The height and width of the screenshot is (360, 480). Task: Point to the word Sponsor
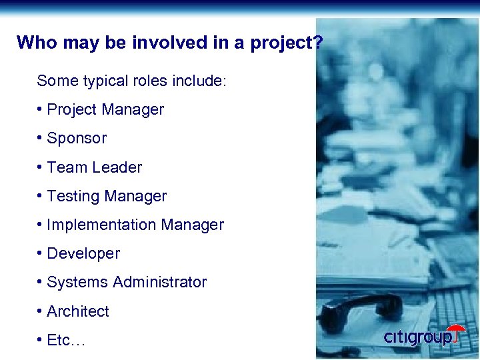[77, 139]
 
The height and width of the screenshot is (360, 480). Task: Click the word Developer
[83, 254]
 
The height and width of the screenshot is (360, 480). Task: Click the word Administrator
[160, 283]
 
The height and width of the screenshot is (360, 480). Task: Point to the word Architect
[78, 311]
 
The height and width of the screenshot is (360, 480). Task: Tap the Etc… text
[66, 341]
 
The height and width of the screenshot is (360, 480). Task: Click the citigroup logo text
[417, 337]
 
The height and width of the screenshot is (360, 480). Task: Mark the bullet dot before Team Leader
[41, 167]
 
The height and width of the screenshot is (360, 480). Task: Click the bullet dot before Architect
[41, 311]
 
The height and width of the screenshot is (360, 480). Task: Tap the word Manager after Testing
[136, 197]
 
